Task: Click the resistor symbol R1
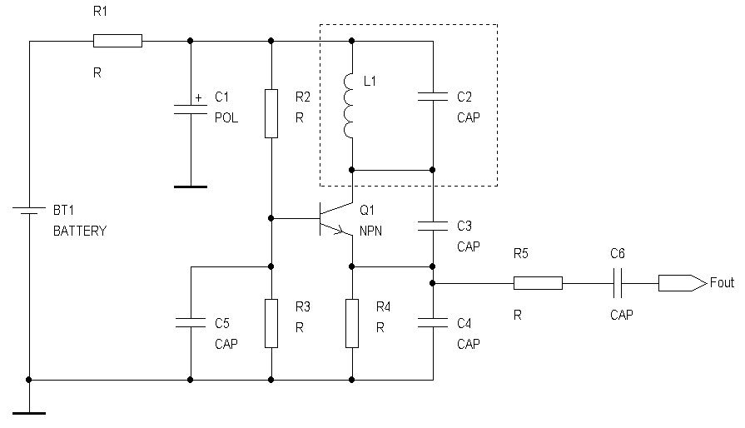pos(117,40)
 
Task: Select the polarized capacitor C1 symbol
pos(191,108)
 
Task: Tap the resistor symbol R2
pos(271,113)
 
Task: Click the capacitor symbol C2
pos(433,97)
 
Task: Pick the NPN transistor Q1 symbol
pos(338,219)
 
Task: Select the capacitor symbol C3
pos(433,224)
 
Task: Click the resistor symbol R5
pos(537,283)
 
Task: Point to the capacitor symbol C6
pos(619,283)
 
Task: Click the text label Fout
pos(722,283)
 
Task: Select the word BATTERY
pos(80,231)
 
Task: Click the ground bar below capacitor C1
pos(191,187)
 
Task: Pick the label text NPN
pos(370,231)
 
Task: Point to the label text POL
pos(226,118)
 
